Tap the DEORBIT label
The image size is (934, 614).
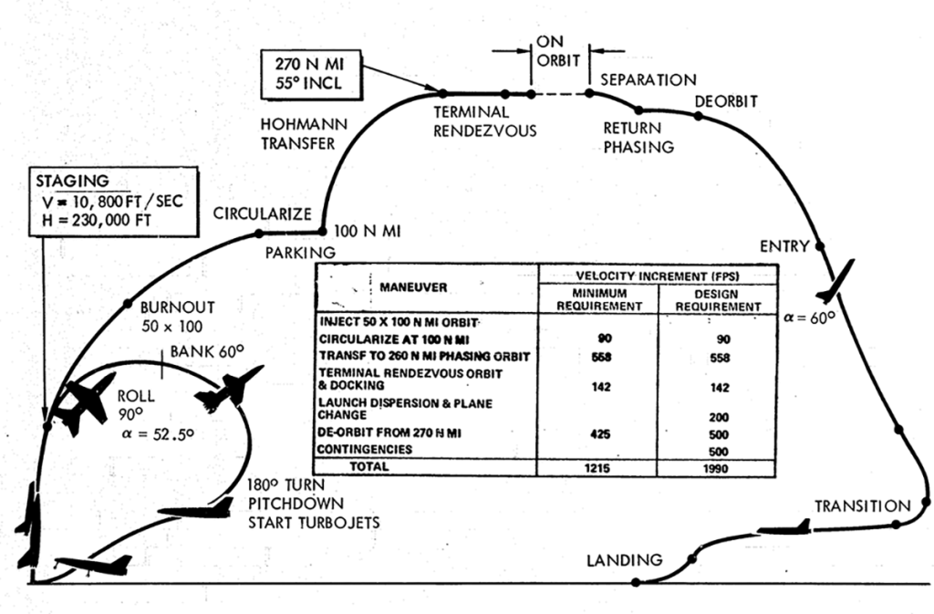pyautogui.click(x=726, y=100)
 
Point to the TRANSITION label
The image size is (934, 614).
pyautogui.click(x=862, y=505)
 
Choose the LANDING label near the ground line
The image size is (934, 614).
pyautogui.click(x=625, y=559)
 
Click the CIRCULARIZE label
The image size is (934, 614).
pyautogui.click(x=263, y=214)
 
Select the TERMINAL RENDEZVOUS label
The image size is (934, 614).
pyautogui.click(x=484, y=121)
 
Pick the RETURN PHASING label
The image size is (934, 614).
pyautogui.click(x=638, y=138)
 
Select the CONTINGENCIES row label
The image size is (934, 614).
pyautogui.click(x=370, y=449)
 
